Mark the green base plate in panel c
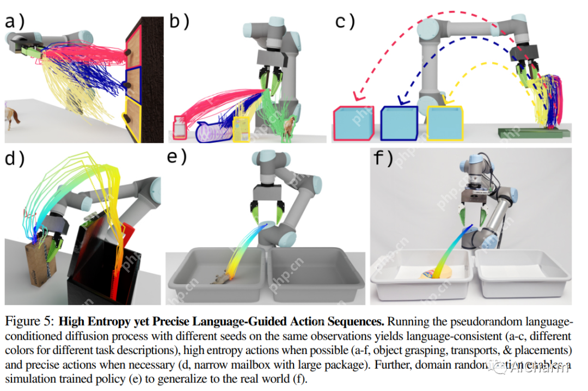531,132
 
